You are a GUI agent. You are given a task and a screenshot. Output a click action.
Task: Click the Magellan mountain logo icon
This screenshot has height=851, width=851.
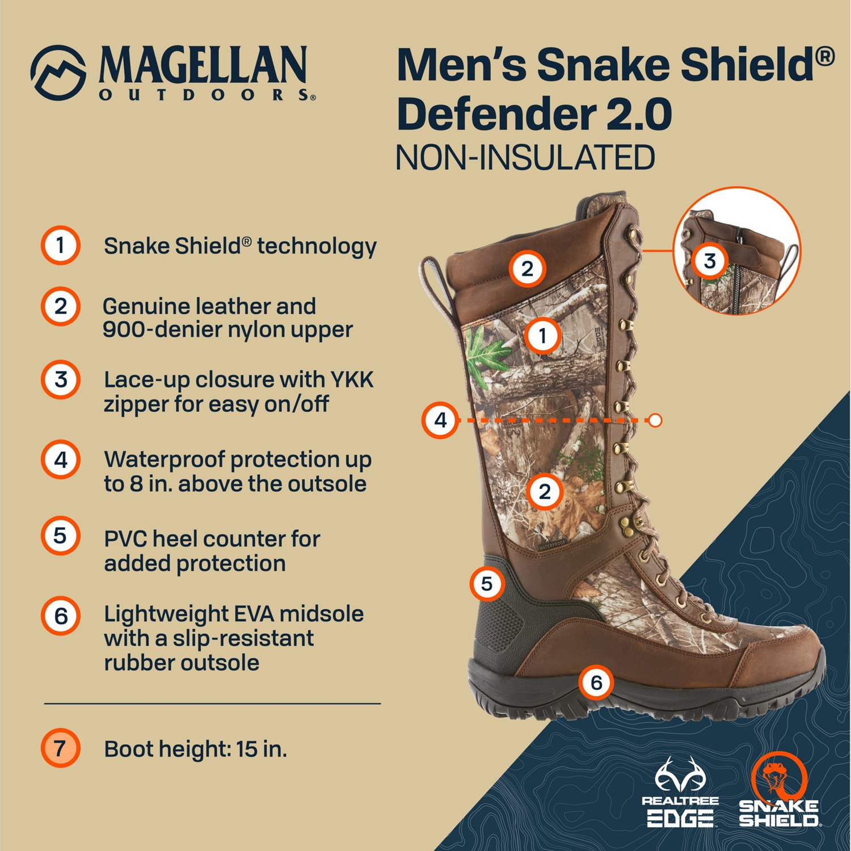click(58, 73)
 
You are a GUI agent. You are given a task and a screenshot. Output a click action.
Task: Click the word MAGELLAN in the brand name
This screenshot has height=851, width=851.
click(203, 66)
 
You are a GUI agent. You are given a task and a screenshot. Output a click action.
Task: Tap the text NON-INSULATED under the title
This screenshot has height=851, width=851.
click(525, 158)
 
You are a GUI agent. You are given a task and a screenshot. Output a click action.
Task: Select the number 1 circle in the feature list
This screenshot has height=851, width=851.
click(60, 246)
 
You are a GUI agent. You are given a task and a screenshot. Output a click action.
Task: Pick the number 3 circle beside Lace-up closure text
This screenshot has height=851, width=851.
click(60, 380)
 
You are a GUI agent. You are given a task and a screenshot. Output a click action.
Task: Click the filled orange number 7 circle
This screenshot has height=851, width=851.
click(60, 748)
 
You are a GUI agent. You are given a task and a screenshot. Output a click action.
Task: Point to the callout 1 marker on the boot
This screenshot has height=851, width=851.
click(542, 335)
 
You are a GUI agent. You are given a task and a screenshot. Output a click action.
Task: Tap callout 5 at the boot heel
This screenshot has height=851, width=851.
click(487, 583)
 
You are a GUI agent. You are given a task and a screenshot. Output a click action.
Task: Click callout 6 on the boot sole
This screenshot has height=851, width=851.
click(596, 683)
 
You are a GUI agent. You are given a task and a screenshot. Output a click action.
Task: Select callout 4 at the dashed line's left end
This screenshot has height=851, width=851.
click(440, 420)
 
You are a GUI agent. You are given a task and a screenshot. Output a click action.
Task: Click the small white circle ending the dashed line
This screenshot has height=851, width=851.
click(655, 420)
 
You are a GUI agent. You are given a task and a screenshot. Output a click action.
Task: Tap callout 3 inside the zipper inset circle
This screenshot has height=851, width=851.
click(709, 260)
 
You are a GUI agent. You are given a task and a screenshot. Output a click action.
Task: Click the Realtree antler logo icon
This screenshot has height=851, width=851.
click(680, 775)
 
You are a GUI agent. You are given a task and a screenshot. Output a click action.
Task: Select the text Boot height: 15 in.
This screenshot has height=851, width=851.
click(196, 749)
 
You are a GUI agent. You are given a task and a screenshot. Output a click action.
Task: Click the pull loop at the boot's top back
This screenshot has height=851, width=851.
click(433, 284)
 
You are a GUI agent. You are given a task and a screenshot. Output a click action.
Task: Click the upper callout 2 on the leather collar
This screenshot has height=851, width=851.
click(527, 268)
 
